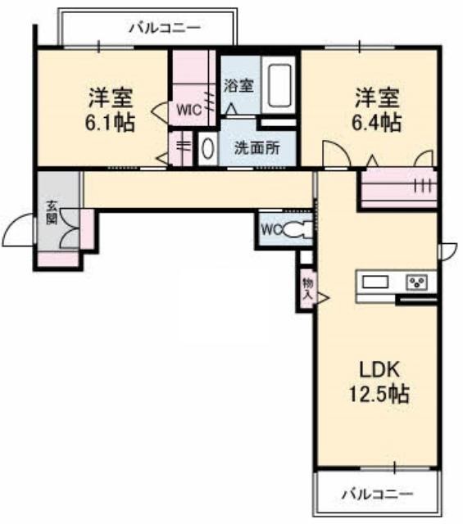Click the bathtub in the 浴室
(x=279, y=85)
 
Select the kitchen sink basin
(x=375, y=282)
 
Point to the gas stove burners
(x=417, y=282)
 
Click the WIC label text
(x=188, y=111)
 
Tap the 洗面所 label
(x=257, y=148)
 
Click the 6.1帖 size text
(x=110, y=123)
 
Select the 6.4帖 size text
(x=376, y=123)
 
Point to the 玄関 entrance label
(x=52, y=212)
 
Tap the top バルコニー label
(x=165, y=27)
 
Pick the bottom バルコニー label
(x=377, y=494)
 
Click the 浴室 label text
(x=238, y=85)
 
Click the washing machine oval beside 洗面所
(x=208, y=149)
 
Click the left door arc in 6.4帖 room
(x=337, y=152)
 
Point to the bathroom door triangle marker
(x=231, y=109)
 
